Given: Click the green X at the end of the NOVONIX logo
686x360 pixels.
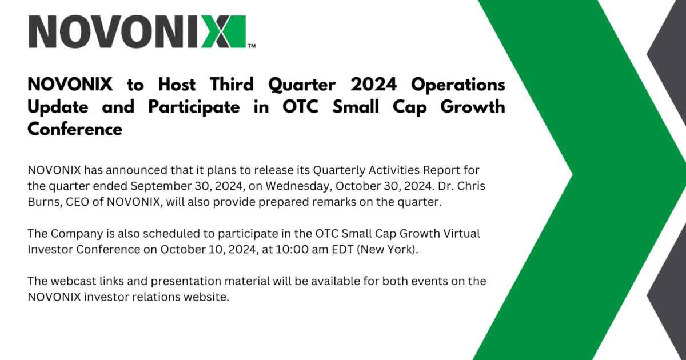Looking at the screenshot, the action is point(224,31).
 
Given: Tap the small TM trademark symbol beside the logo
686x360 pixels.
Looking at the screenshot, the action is point(252,46).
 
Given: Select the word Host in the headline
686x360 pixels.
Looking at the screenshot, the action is point(177,85).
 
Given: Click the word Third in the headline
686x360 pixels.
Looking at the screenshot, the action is point(232,85).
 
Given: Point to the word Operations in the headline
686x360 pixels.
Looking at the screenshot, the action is point(458,85).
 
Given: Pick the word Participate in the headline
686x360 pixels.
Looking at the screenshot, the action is point(194,107).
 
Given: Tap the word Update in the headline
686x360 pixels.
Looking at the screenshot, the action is point(58,107).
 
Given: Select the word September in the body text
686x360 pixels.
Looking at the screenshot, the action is point(161,186).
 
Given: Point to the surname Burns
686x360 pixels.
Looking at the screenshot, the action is point(45,202).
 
